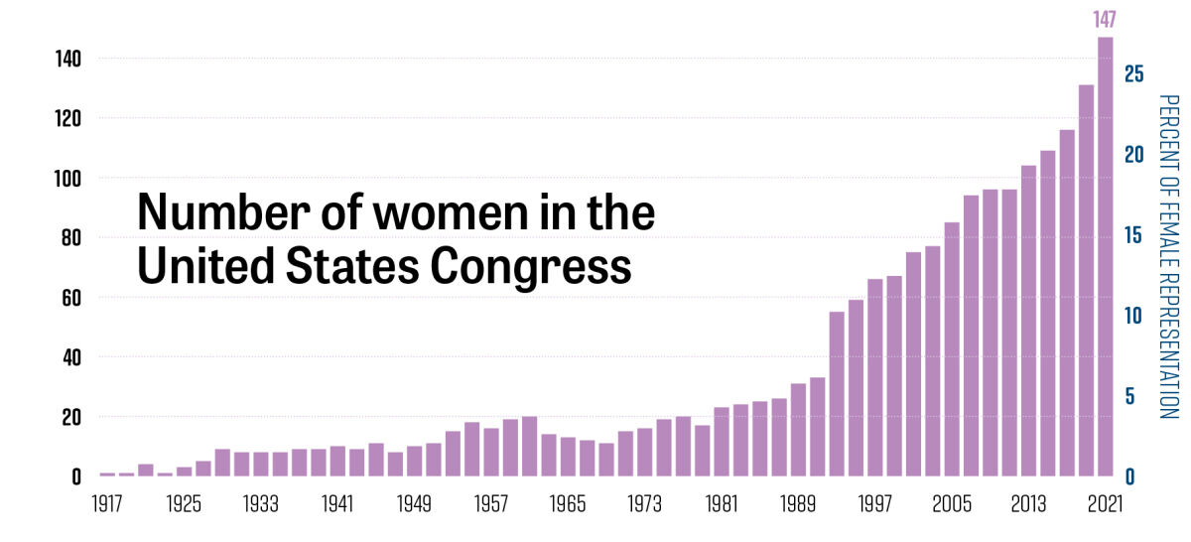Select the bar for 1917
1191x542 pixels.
[107, 474]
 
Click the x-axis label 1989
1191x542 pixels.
[799, 502]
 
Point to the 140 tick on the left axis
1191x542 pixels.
[67, 60]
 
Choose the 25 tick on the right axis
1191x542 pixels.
[1134, 74]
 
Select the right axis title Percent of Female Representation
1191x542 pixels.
[1168, 256]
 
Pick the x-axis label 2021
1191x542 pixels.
[1104, 502]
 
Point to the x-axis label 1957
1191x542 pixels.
[491, 502]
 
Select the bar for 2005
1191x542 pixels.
[952, 348]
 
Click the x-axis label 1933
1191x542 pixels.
[261, 502]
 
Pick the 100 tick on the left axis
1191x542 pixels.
[67, 179]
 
